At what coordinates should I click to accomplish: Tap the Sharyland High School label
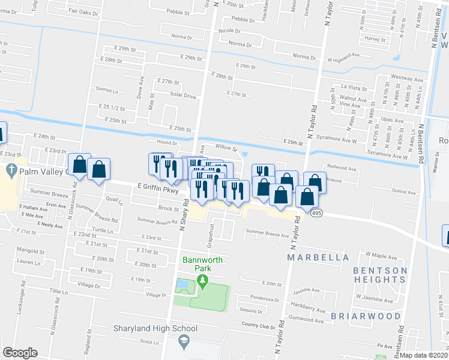(155, 328)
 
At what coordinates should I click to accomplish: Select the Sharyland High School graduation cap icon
(185, 342)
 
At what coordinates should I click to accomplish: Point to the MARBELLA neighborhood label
(318, 257)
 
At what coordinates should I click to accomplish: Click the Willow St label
(227, 147)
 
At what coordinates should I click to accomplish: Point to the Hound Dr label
(167, 143)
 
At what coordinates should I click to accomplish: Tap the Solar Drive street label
(183, 95)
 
